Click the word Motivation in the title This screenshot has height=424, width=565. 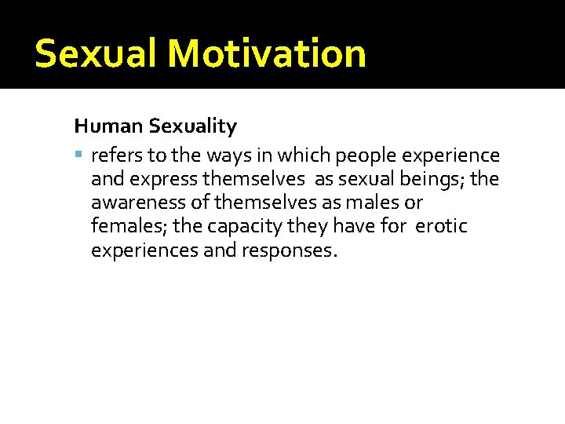tap(266, 53)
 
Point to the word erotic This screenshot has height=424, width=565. tap(441, 226)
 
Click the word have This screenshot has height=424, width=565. tap(359, 226)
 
